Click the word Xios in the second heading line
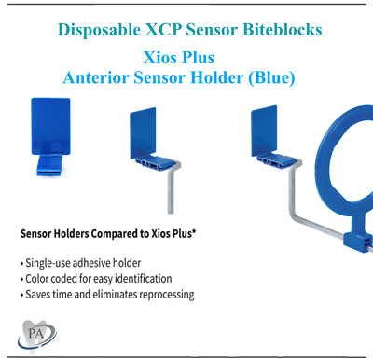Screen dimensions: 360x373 165,58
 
